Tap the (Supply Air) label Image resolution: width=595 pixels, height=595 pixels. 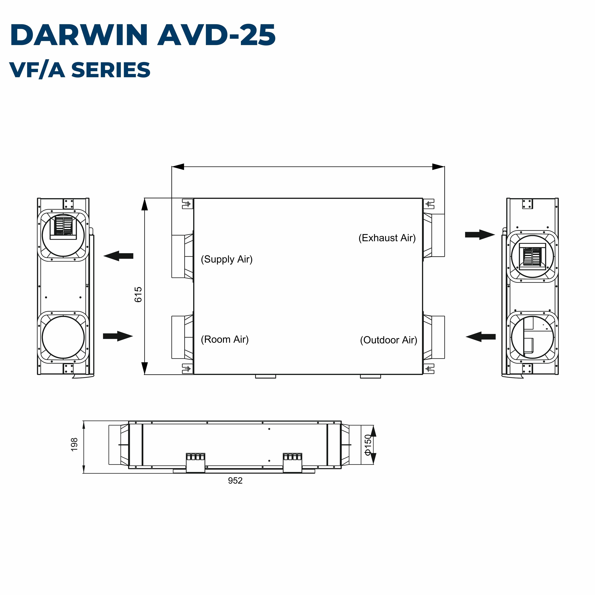tap(227, 259)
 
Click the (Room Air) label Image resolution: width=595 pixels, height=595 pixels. tap(225, 339)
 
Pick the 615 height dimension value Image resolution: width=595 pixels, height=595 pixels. tap(138, 294)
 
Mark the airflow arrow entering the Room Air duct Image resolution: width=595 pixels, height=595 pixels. tap(118, 336)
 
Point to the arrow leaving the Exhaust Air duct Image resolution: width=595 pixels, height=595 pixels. tap(480, 235)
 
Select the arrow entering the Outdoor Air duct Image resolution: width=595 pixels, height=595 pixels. tap(481, 337)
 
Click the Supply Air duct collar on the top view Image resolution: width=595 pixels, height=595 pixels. tap(182, 257)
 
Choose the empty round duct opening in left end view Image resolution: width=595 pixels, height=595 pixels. tap(63, 337)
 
